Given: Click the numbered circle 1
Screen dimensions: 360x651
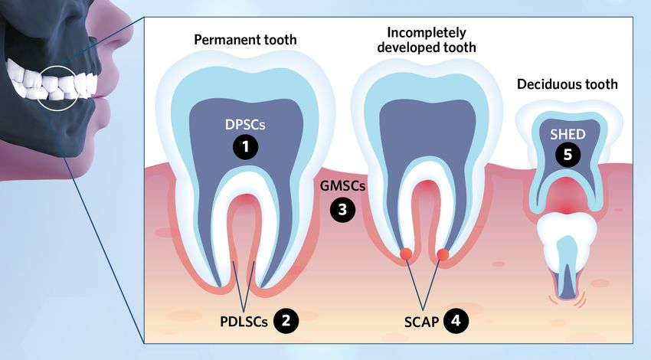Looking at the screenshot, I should click(245, 148).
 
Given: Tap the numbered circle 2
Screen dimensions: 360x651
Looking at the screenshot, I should click(285, 320).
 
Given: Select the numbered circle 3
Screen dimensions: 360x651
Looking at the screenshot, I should click(342, 210).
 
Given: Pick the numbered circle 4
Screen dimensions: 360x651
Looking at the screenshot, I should click(456, 320).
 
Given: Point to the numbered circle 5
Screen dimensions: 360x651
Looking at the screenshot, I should click(568, 154).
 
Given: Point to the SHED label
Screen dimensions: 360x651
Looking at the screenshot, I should click(568, 133).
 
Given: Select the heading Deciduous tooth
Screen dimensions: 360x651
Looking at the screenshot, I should click(567, 84).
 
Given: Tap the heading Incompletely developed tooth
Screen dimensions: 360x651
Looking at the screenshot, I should click(431, 39).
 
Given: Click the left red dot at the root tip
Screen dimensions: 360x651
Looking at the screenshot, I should click(407, 254).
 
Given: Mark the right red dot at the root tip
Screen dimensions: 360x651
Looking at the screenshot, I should click(442, 254).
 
